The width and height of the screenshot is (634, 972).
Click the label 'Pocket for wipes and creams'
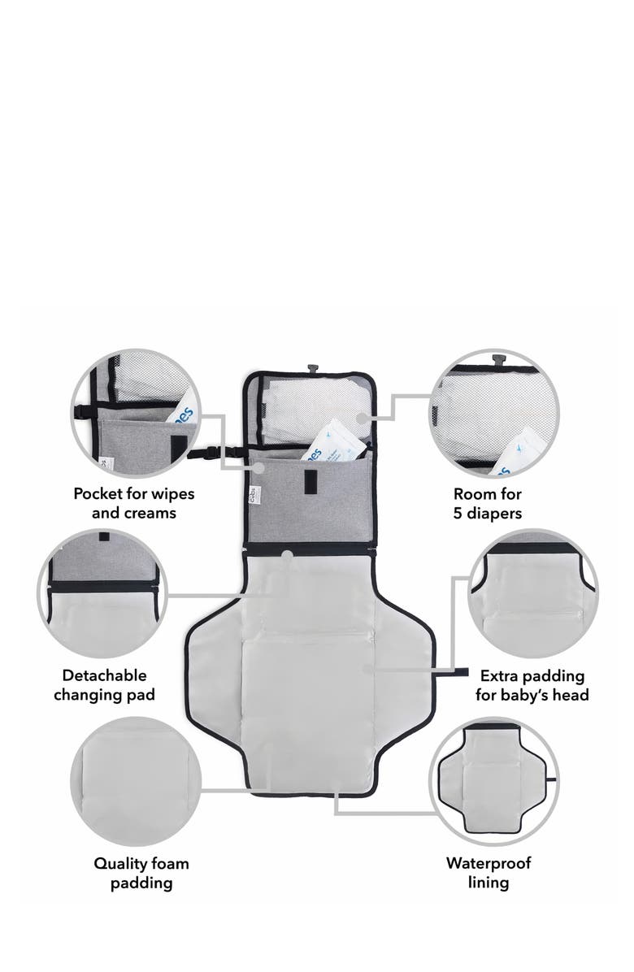134,503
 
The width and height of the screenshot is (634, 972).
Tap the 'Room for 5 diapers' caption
488,503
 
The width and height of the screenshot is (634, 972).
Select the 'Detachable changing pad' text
104,685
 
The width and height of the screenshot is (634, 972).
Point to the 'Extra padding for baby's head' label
532,685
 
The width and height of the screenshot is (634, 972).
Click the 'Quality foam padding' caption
141,873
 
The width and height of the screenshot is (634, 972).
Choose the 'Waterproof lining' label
489,873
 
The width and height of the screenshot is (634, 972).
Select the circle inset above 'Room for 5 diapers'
494,414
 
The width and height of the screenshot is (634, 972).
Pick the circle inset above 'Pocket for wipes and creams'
136,414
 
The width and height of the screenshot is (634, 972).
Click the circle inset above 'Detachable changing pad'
102,593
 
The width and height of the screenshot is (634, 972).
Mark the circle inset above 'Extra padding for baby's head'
532,593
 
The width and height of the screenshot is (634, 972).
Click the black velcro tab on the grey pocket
309,482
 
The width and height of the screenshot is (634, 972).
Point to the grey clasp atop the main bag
313,369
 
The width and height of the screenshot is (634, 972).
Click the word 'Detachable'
105,675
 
